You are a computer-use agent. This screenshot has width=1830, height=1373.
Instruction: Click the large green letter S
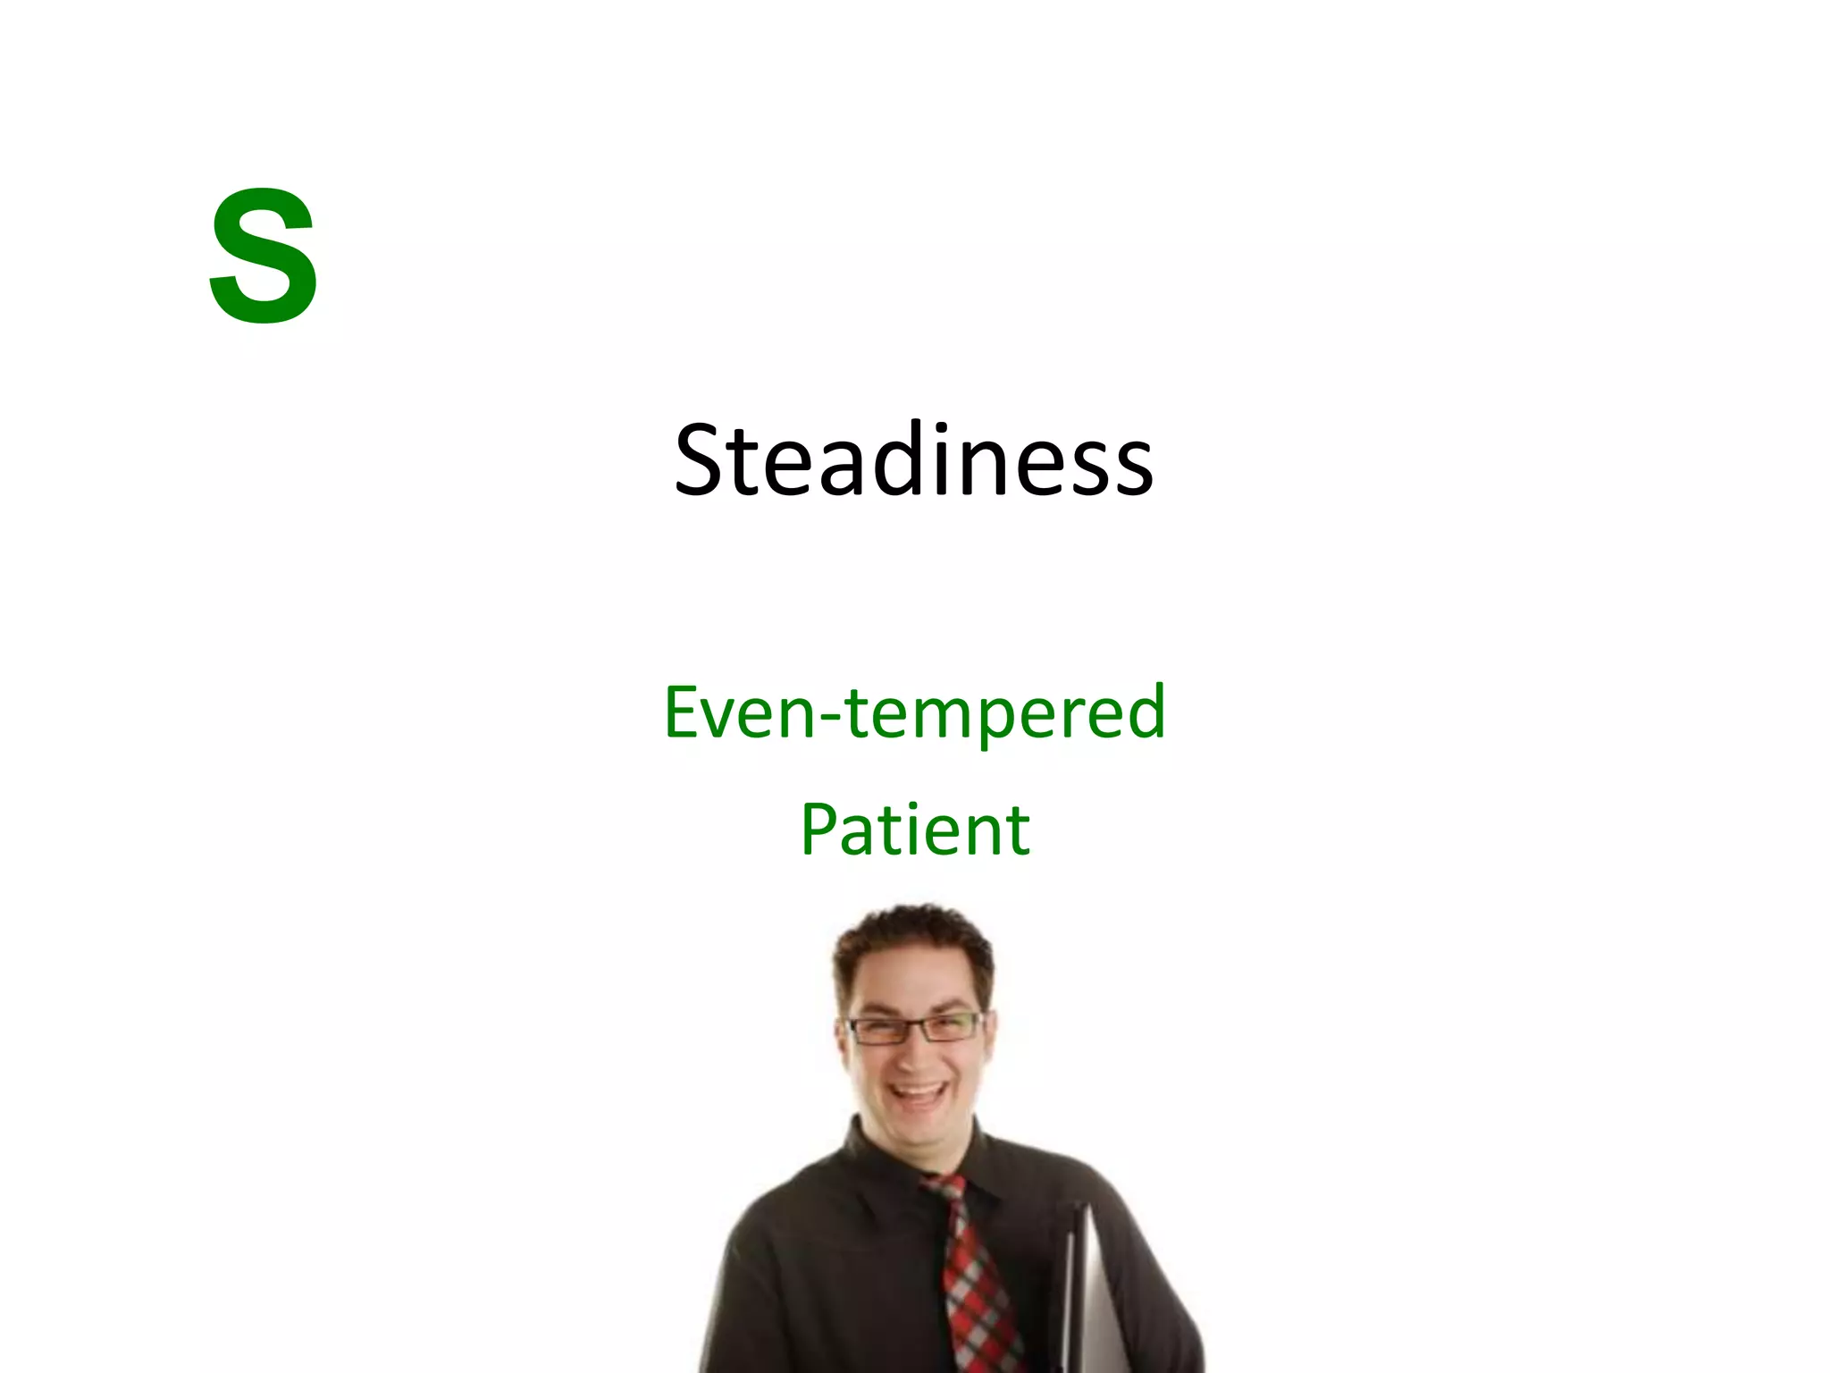(264, 257)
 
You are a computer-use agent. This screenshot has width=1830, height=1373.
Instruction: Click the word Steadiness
(913, 460)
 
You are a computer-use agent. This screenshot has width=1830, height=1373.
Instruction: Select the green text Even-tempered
(914, 712)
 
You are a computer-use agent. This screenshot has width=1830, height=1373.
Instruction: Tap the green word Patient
(914, 830)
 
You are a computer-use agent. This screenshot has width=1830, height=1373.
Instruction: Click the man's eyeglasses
(913, 1028)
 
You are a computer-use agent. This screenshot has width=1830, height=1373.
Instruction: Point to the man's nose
(913, 1055)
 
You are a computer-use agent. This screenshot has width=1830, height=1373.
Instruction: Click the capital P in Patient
(820, 830)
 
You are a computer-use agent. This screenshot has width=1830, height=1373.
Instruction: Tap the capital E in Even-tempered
(683, 712)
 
